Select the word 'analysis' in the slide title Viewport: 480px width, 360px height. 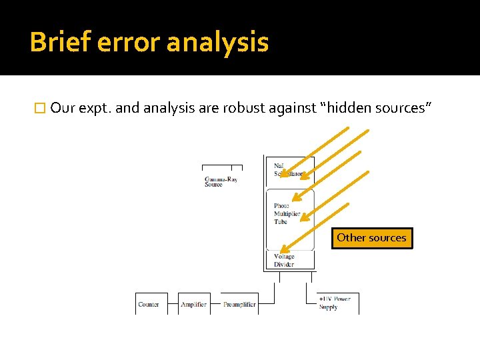click(217, 43)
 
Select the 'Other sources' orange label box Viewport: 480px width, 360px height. click(371, 238)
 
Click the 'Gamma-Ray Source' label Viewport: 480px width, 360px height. click(221, 181)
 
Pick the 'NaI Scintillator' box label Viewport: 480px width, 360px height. click(288, 169)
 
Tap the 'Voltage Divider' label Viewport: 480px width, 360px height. click(283, 260)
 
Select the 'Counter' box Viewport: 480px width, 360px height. click(148, 304)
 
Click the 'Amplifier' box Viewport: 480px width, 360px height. click(193, 304)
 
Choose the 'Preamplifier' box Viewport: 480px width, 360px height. click(239, 304)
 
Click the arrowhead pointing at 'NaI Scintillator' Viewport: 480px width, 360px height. click(283, 175)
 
